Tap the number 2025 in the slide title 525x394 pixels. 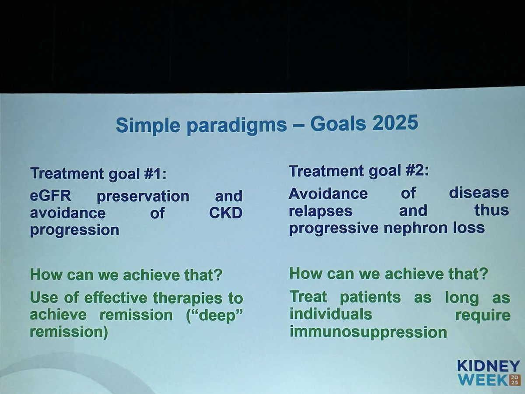pyautogui.click(x=395, y=123)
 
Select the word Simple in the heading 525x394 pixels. pyautogui.click(x=148, y=126)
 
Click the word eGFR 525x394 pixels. pyautogui.click(x=51, y=196)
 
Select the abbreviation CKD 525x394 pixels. pyautogui.click(x=226, y=213)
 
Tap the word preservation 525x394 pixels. pyautogui.click(x=143, y=197)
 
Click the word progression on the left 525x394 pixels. pyautogui.click(x=75, y=231)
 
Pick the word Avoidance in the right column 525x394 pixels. pyautogui.click(x=328, y=193)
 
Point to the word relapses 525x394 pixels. pyautogui.click(x=321, y=211)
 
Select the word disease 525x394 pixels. pyautogui.click(x=479, y=193)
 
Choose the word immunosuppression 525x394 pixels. pyautogui.click(x=368, y=332)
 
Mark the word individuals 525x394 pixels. pyautogui.click(x=331, y=314)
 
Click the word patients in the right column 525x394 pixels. pyautogui.click(x=370, y=297)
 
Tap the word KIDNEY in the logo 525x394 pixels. pyautogui.click(x=488, y=366)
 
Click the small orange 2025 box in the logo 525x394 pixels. pyautogui.click(x=515, y=380)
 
